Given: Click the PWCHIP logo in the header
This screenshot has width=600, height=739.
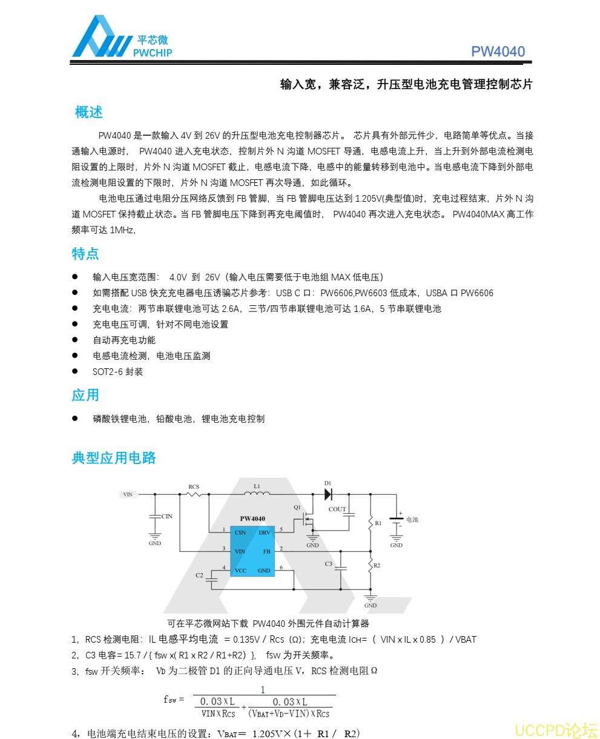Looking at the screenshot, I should tap(121, 39).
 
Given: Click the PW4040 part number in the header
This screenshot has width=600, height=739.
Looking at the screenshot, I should tap(498, 51).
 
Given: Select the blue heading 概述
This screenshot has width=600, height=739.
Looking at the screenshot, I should tap(88, 112).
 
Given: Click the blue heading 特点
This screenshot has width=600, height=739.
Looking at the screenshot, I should tap(85, 253).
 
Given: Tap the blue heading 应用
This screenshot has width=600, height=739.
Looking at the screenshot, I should tap(85, 395).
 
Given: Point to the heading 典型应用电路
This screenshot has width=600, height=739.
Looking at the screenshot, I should tap(114, 458).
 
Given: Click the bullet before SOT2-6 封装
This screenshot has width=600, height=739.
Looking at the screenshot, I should tap(75, 371).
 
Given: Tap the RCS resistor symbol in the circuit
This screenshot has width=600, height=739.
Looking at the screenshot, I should tap(194, 494).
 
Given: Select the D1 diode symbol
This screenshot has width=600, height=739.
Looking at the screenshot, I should tap(329, 494).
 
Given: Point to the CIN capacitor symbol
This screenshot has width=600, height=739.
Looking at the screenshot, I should tap(154, 516).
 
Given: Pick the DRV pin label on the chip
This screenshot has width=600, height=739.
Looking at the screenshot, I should tap(265, 532).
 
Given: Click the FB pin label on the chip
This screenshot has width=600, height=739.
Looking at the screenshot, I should tap(266, 552).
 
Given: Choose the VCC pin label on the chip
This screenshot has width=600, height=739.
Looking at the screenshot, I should tap(240, 571).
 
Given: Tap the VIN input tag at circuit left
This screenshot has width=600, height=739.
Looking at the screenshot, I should tap(128, 494).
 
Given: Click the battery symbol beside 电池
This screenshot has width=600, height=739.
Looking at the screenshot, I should tap(396, 519).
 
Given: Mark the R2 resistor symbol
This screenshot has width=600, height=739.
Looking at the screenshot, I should tap(370, 566).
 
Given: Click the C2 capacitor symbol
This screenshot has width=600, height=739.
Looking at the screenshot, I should tap(211, 580).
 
